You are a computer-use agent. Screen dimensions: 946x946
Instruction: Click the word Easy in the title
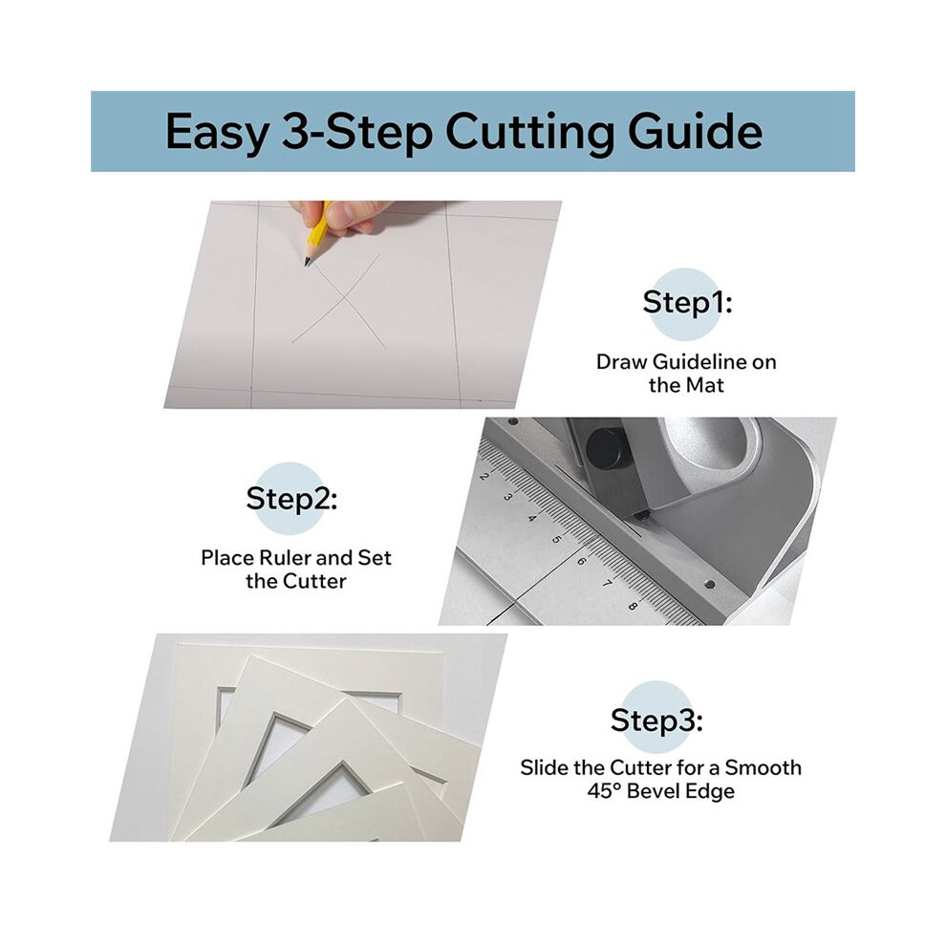pyautogui.click(x=217, y=132)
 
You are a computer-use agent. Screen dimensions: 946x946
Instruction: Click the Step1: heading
pyautogui.click(x=687, y=302)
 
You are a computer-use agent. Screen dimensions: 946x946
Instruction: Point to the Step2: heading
pyautogui.click(x=291, y=499)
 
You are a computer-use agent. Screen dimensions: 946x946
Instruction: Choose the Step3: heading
pyautogui.click(x=656, y=720)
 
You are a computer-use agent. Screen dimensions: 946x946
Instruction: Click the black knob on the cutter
pyautogui.click(x=605, y=447)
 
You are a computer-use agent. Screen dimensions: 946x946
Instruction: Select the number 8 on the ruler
pyautogui.click(x=633, y=605)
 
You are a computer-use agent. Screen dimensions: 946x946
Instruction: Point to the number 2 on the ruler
pyautogui.click(x=484, y=476)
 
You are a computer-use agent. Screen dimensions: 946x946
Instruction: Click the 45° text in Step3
pyautogui.click(x=604, y=791)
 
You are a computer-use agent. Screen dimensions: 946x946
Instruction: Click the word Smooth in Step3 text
pyautogui.click(x=763, y=767)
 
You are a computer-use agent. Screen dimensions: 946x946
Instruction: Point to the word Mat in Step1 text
pyautogui.click(x=705, y=385)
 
